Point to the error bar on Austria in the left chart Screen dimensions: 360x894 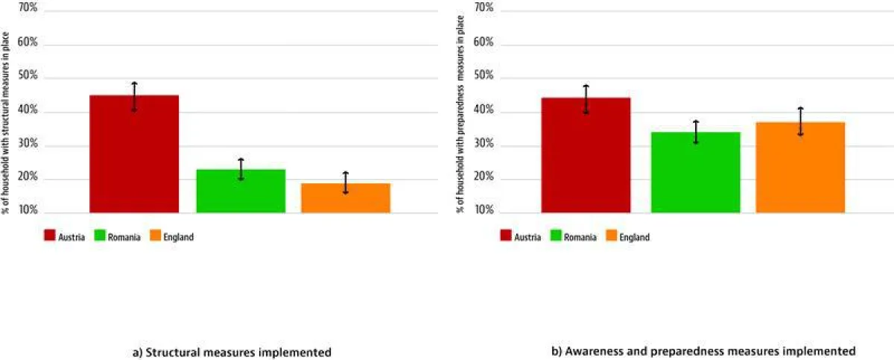coord(134,96)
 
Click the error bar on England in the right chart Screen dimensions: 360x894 coord(800,121)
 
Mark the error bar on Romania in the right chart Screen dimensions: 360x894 coord(695,131)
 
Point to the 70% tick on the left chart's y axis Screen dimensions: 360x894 coord(28,9)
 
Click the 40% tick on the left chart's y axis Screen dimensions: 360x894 coord(28,111)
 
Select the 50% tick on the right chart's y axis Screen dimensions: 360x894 coord(484,77)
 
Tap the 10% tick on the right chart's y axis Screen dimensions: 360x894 coord(484,212)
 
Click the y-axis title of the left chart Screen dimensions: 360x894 coord(5,123)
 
